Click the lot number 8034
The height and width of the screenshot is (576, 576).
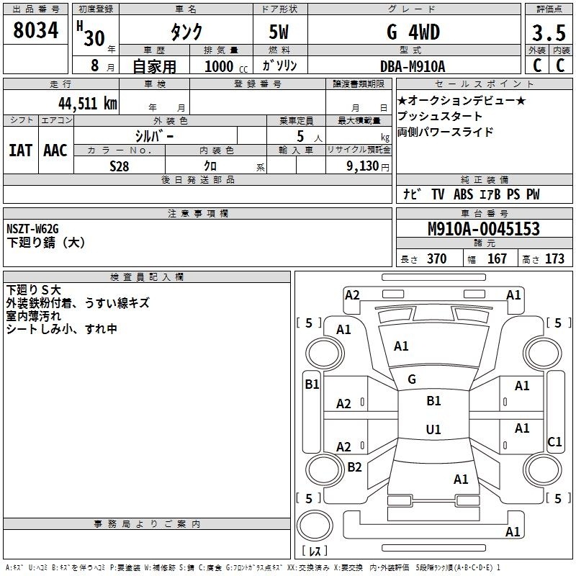coord(35,30)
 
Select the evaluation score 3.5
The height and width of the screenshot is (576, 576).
coord(549,33)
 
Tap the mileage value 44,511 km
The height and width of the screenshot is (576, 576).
coord(87,103)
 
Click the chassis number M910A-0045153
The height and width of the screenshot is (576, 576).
coord(484,229)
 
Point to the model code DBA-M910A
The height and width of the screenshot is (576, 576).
coord(413,66)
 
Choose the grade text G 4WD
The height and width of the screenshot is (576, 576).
coord(413,32)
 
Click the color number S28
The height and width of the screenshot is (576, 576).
coord(119,166)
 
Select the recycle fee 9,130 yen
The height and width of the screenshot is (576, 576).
coord(368,166)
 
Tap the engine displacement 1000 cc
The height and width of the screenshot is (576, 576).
coord(226,66)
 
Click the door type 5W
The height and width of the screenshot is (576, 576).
coord(279,32)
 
